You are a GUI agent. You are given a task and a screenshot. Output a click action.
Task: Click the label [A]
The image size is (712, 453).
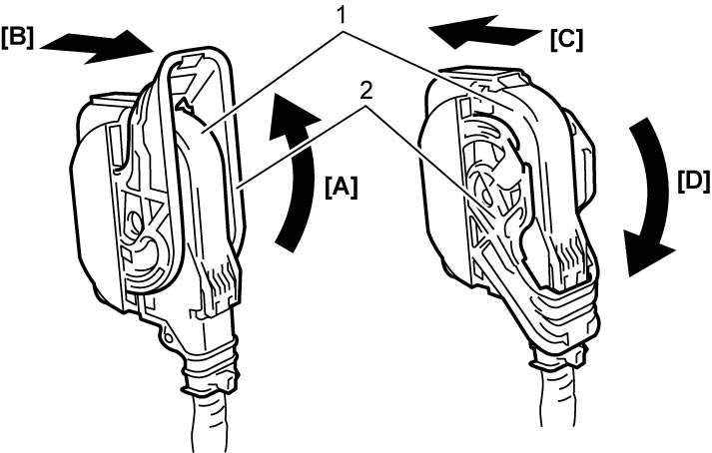pos(341,187)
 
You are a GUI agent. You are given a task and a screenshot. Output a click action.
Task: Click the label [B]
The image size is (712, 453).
pos(18,39)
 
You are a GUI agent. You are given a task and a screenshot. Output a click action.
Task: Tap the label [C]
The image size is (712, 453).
pos(566,40)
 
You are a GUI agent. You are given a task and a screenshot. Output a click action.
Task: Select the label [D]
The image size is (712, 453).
pos(693,182)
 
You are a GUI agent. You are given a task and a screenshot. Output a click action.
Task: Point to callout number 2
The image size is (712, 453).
pos(365,92)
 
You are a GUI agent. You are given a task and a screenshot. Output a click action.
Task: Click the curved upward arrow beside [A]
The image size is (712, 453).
pos(299,177)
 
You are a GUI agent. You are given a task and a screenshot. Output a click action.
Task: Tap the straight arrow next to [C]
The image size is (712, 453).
pos(485,32)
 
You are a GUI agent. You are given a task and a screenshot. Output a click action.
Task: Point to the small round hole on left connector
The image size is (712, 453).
pos(168,337)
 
